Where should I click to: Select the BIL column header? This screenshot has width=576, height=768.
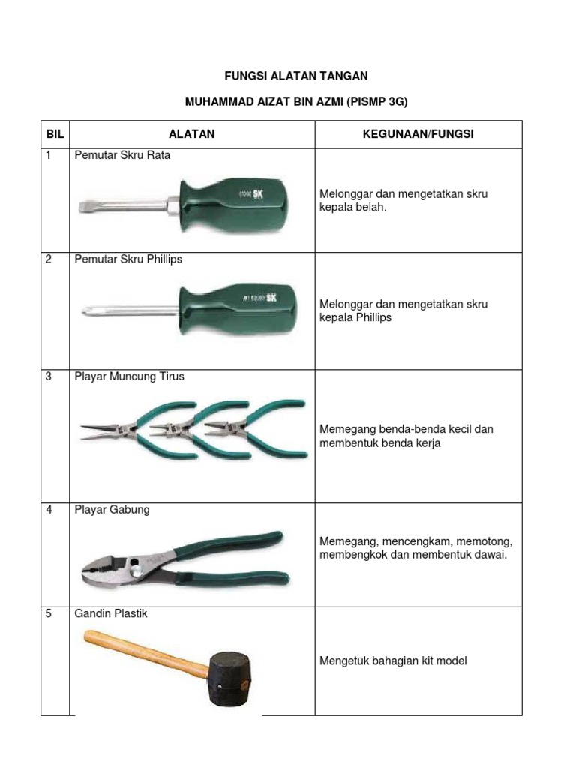[55, 134]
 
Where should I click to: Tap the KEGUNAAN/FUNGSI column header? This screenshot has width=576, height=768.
[418, 134]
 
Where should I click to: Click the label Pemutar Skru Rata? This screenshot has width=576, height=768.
[123, 155]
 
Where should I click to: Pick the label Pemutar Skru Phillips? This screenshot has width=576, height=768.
[128, 259]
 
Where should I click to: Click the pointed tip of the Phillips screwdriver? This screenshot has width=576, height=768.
[85, 308]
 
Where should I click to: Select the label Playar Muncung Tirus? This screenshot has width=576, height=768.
[129, 376]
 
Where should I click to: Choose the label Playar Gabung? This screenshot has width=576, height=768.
[112, 510]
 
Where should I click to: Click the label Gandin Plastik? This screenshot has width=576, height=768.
[111, 613]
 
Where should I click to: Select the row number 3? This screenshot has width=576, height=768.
[49, 376]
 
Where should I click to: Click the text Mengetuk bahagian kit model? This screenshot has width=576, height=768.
[394, 661]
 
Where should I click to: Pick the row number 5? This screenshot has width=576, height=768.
[49, 613]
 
